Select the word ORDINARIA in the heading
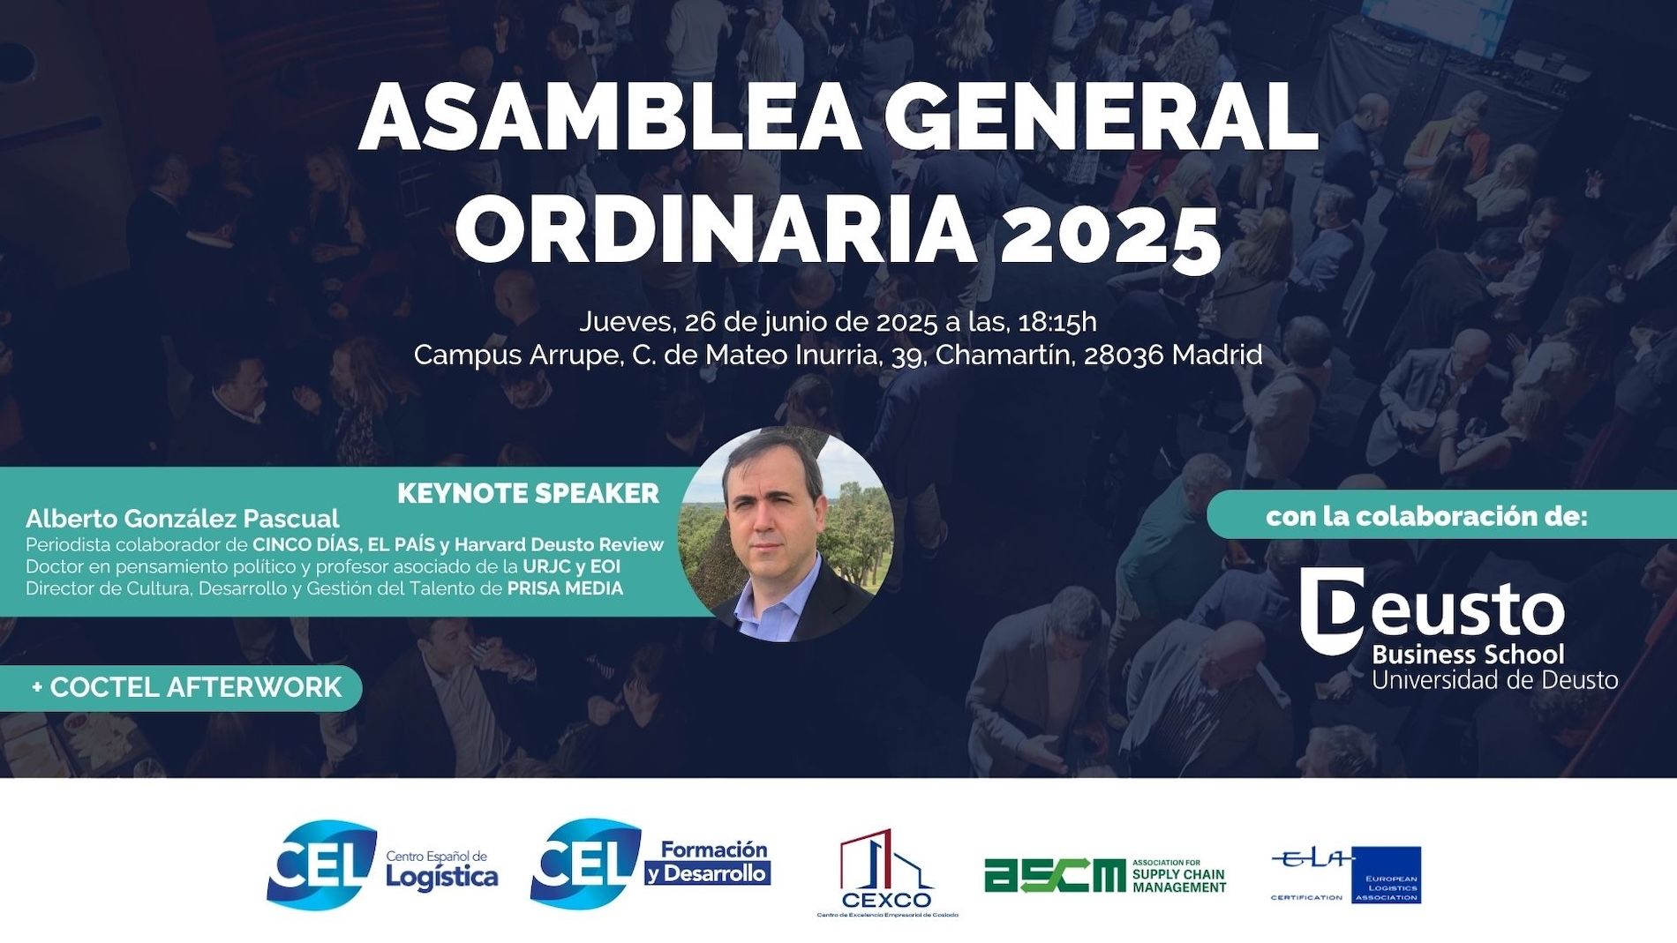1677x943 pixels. point(715,231)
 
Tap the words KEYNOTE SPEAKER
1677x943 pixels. point(528,493)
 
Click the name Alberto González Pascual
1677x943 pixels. point(183,519)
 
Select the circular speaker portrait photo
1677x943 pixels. point(786,535)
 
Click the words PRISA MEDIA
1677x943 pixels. point(565,588)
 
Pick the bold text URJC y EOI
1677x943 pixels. point(571,566)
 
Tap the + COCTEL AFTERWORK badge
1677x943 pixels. point(185,687)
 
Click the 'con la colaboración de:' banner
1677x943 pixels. point(1426,516)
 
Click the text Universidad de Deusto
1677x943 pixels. point(1494,680)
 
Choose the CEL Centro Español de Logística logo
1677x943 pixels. point(381,865)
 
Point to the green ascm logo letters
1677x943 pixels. point(1054,875)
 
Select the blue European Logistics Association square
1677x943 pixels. point(1386,874)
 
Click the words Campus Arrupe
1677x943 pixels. point(515,355)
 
